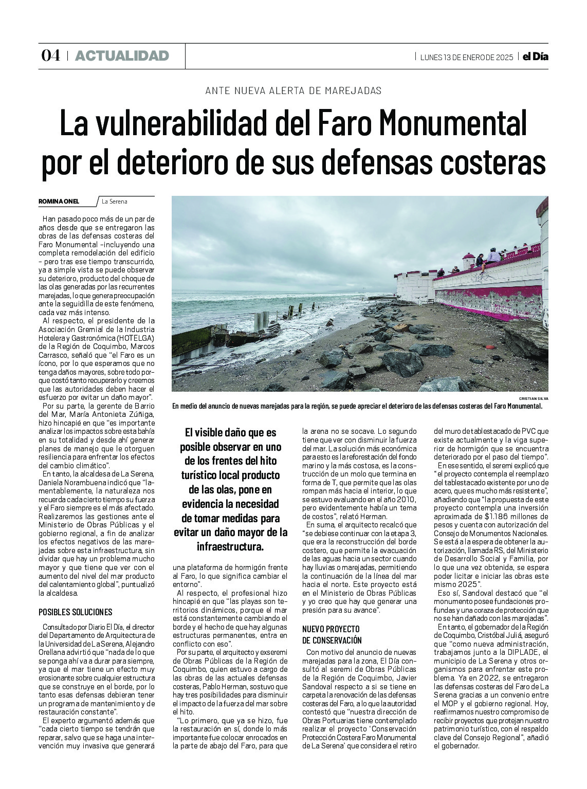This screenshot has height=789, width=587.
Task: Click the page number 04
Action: click(50, 56)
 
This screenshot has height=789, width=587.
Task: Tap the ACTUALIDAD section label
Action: click(122, 56)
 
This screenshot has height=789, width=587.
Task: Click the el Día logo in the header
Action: click(535, 57)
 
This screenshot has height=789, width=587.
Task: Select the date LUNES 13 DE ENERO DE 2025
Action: click(466, 57)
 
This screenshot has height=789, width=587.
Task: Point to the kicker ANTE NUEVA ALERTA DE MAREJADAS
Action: click(293, 90)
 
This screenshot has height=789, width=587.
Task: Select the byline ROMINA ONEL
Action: click(59, 201)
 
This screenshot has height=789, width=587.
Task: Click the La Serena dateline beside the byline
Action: click(115, 201)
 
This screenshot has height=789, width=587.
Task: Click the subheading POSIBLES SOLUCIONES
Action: click(75, 612)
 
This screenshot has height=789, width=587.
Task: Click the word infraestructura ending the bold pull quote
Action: click(230, 546)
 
